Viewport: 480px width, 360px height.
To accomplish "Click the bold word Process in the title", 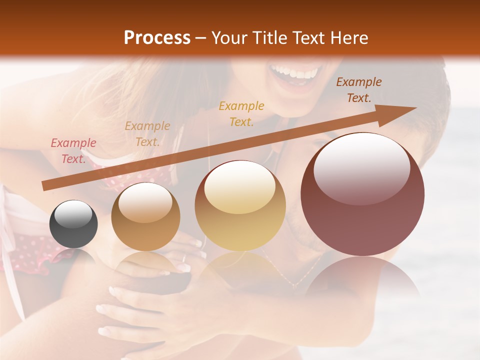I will tap(157, 38).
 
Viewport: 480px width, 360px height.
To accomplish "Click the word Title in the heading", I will tap(270, 38).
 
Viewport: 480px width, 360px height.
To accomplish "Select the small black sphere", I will tap(73, 224).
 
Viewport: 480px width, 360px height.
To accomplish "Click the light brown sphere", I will tap(145, 216).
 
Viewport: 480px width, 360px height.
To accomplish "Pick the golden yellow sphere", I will tap(240, 205).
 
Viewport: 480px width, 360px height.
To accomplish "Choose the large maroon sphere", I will tap(362, 194).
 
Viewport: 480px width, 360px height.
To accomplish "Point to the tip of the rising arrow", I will tap(415, 108).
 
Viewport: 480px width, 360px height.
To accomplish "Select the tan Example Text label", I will tap(147, 134).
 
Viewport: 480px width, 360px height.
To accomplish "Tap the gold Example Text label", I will tap(241, 113).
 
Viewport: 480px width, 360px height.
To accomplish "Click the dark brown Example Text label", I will tap(359, 90).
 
